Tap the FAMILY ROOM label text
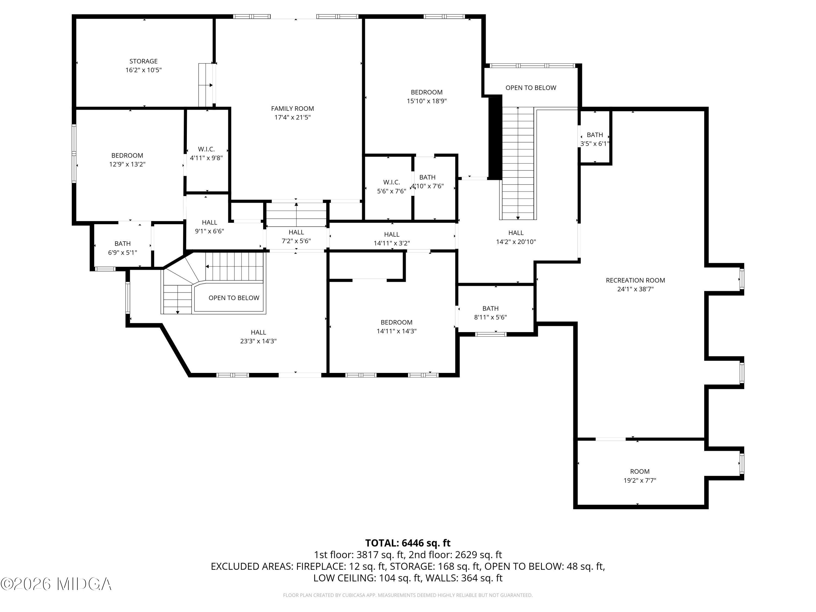click(x=292, y=109)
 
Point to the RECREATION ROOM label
click(x=635, y=280)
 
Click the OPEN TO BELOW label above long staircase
click(x=530, y=88)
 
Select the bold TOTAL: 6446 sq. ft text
click(x=408, y=543)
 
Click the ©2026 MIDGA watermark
click(x=56, y=584)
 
